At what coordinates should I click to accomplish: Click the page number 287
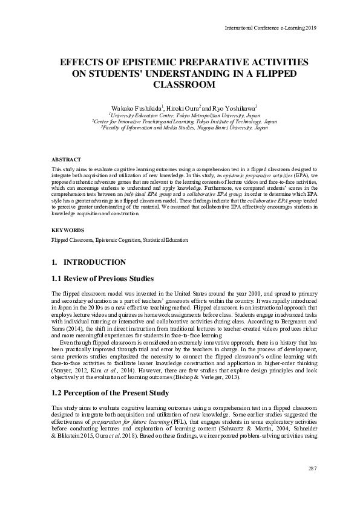[x=312, y=469]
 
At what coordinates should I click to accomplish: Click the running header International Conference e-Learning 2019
[x=270, y=28]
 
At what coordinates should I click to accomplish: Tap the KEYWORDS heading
[x=68, y=230]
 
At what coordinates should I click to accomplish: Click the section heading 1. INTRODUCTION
[x=89, y=262]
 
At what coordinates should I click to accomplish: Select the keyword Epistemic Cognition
[x=116, y=240]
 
